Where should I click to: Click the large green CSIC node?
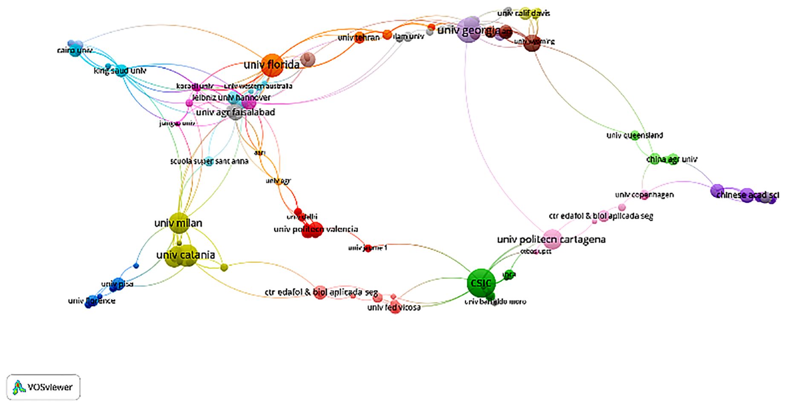coord(481,282)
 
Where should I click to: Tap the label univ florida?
coord(271,65)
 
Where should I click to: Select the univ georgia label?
coord(468,30)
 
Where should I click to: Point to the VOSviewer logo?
coord(43,387)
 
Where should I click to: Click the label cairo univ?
coord(75,50)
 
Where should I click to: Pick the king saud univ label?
coord(120,70)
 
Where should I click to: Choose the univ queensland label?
coord(635,135)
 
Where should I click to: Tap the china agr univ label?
coord(672,159)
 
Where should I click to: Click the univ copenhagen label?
coord(644,195)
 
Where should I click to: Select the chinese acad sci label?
coord(747,195)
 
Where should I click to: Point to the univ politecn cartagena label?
coord(551,239)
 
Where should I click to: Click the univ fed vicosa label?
coord(394,307)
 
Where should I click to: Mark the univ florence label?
coord(92,301)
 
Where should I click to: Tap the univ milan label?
coord(178,223)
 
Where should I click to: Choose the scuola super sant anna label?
coord(209,161)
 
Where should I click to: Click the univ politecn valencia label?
coord(315,229)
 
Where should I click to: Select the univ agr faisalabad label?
coord(235,112)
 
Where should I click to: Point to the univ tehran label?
coord(358,38)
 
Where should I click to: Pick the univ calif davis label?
coord(523,13)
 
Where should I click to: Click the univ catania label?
coord(185,255)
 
